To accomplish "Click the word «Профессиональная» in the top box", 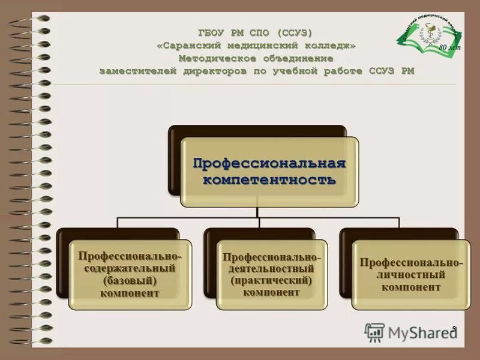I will coord(269,163).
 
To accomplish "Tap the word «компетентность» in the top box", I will coord(269,179).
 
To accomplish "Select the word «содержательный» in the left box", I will coord(130,268).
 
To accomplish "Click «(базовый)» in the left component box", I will coord(130,280).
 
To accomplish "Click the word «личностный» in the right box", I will coord(410,275).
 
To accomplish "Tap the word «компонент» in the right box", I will coord(410,287).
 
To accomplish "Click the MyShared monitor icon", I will coord(374,332).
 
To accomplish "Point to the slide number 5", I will coord(454,327).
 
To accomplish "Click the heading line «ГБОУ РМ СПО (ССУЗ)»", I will coord(256,32).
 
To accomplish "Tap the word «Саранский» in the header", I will coord(190,46).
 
